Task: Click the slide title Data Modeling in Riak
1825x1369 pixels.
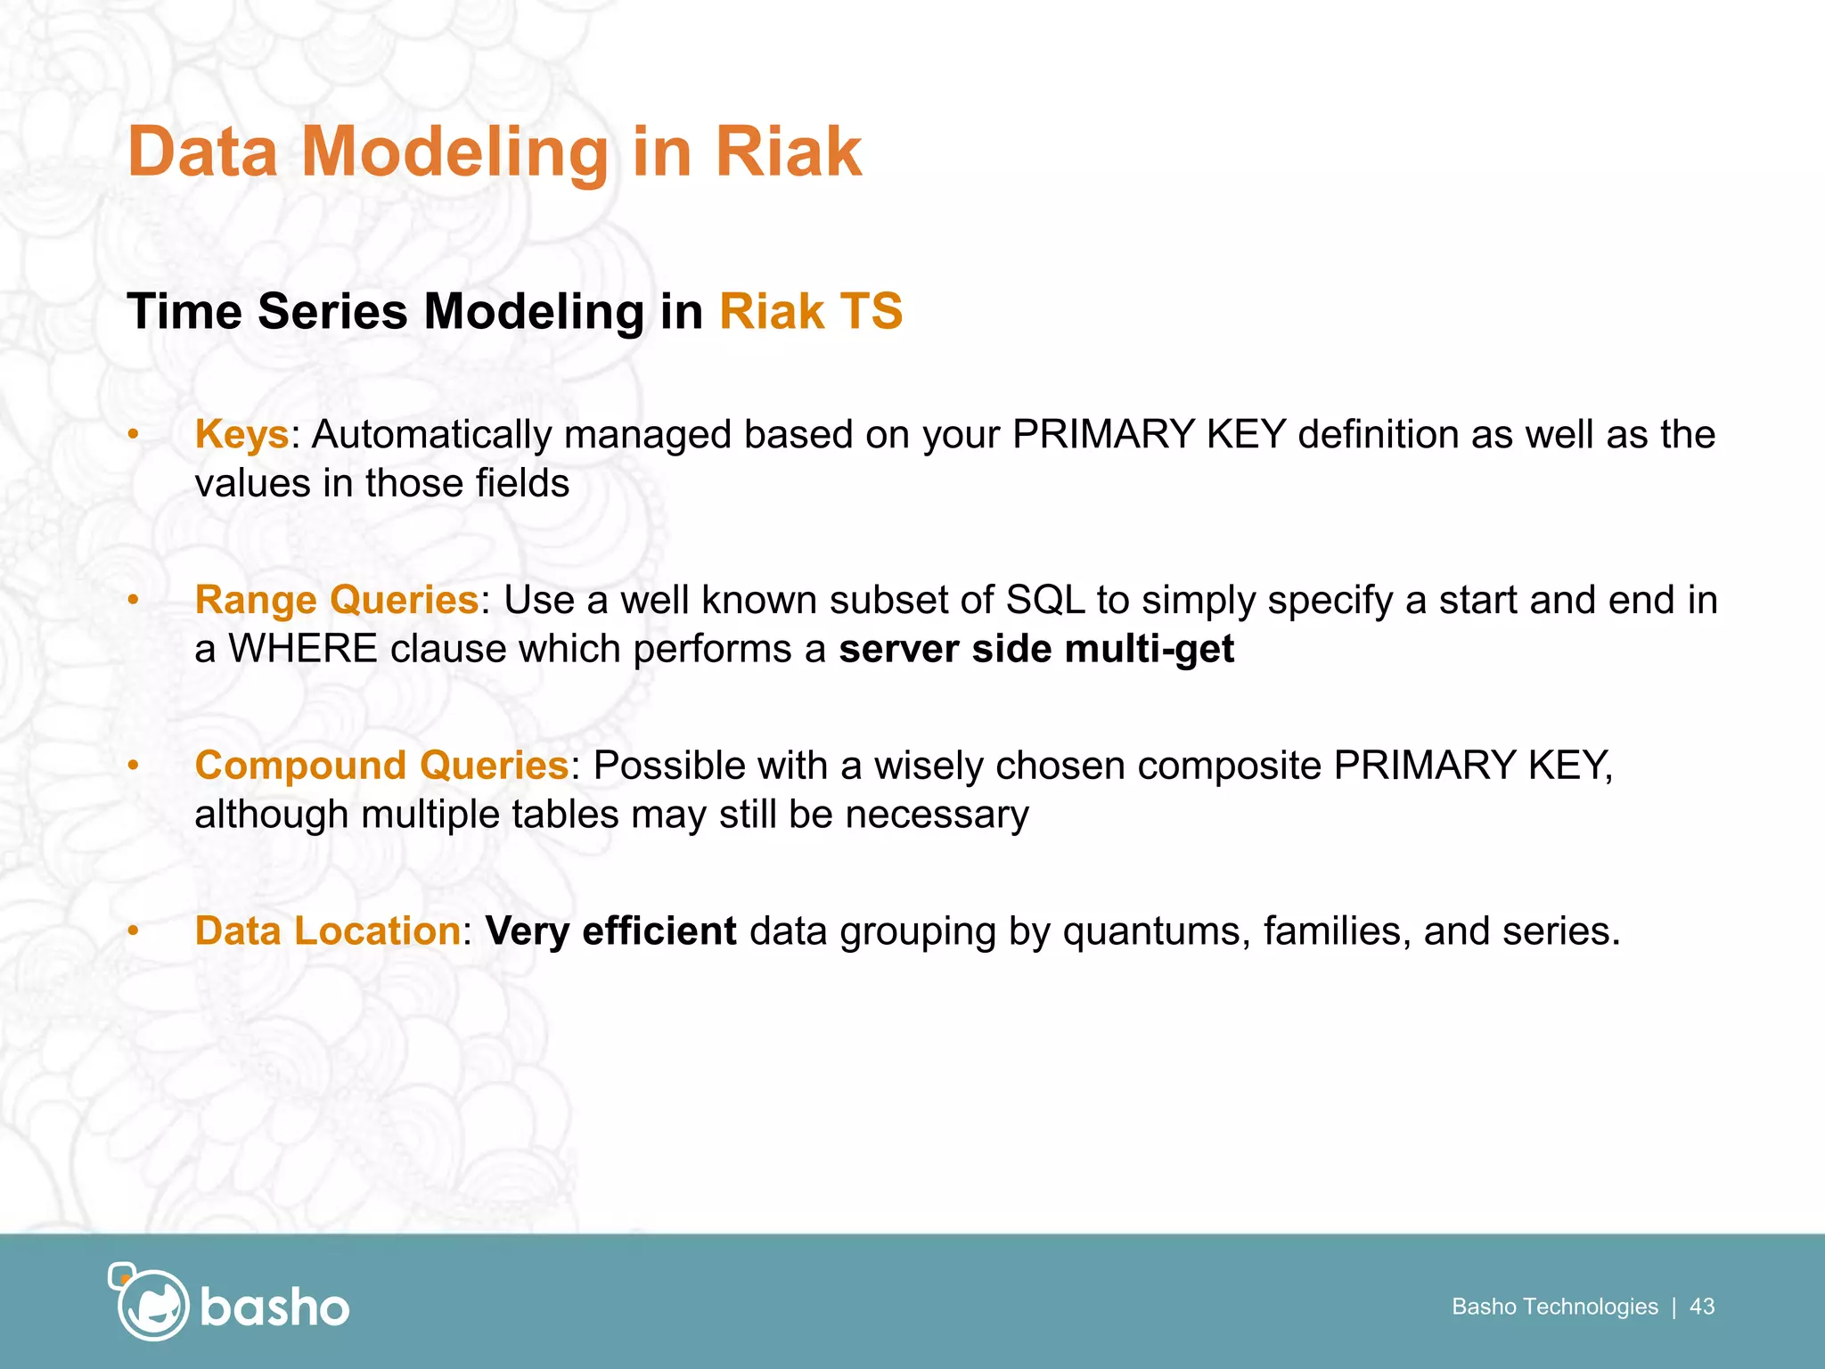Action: [495, 152]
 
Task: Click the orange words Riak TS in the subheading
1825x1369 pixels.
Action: [810, 312]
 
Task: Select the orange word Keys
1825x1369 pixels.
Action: [241, 435]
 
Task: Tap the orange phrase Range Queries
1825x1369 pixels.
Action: [337, 600]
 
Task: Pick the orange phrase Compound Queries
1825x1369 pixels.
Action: [381, 766]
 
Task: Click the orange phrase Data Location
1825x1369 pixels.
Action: [327, 931]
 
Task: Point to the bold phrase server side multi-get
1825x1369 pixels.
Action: [1036, 649]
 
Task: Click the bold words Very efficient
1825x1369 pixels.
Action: [610, 931]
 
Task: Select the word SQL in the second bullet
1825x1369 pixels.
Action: [1044, 600]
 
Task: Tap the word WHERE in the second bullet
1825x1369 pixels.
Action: [303, 649]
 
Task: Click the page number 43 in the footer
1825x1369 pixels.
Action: [1701, 1307]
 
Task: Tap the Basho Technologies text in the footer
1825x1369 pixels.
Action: [1554, 1307]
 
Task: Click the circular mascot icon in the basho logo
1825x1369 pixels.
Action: [151, 1304]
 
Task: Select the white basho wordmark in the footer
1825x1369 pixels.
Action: [274, 1308]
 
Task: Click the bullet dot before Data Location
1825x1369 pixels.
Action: [133, 931]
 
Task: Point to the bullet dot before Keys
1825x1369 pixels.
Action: [133, 435]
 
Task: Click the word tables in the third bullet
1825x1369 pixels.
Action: [564, 815]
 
